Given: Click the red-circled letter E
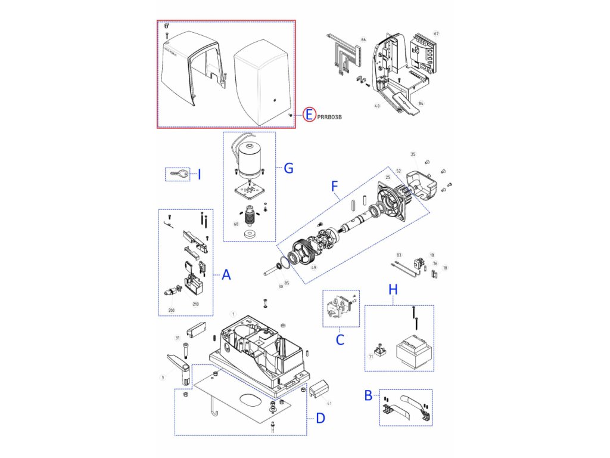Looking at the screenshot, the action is click(x=308, y=114).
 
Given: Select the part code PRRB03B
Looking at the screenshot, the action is click(x=329, y=117).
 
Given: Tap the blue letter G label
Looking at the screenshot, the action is click(x=288, y=168).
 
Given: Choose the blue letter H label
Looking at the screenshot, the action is click(x=393, y=289).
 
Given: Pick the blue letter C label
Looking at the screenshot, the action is click(x=340, y=341).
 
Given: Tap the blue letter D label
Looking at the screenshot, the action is click(x=320, y=419).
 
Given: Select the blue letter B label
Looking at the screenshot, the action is click(x=369, y=395).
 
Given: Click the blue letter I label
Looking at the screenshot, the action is click(x=199, y=174).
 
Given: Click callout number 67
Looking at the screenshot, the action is click(x=436, y=33).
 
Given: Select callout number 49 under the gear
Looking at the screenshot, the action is click(x=314, y=268).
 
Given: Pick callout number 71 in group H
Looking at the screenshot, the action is click(x=371, y=357).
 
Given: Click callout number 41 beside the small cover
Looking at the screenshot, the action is click(x=329, y=403).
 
